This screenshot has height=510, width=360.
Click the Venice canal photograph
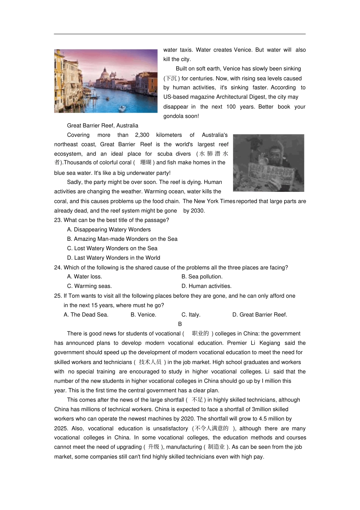pos(106,81)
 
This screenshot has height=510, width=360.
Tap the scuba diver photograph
pos(268,163)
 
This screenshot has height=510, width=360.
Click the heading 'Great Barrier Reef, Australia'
pos(102,126)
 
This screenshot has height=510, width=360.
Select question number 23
pos(58,220)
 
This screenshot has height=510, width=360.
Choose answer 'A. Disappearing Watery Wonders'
pos(109,230)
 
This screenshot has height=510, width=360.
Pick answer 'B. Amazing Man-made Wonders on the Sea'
pos(122,239)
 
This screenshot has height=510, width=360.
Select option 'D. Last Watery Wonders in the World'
pos(113,258)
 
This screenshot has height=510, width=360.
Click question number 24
pos(58,268)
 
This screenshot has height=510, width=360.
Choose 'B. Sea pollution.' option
pos(202,277)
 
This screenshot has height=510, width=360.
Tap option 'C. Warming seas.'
pos(89,286)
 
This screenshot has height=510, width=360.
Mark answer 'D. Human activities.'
pos(207,286)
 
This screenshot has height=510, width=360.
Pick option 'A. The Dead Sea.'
pos(86,315)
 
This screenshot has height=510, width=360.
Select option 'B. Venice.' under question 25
pos(143,315)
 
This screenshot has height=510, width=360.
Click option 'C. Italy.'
pos(191,315)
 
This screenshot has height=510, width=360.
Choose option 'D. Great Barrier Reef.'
pos(260,315)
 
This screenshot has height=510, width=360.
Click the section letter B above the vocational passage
pos(180,324)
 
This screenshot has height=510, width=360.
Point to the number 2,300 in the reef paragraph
pos(142,135)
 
